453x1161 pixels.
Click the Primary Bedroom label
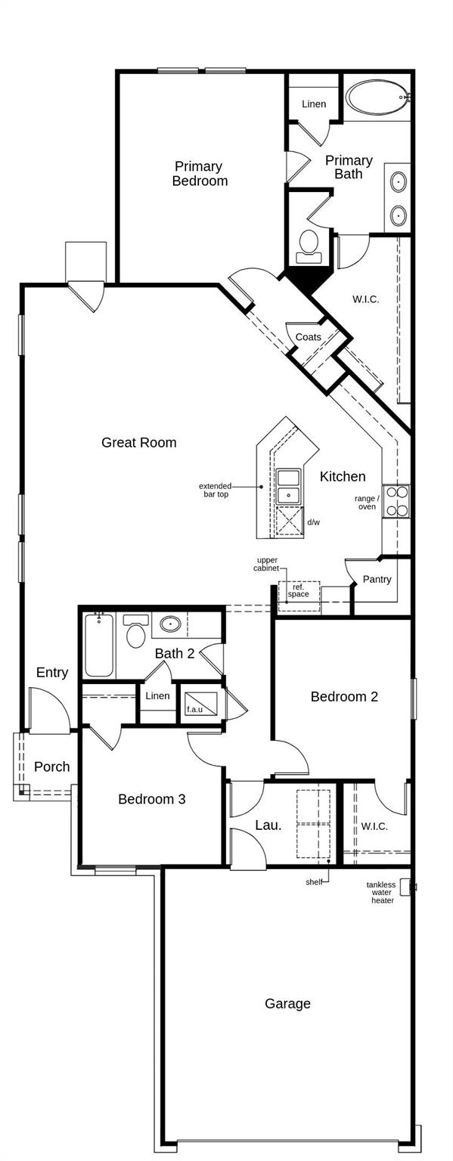(x=199, y=173)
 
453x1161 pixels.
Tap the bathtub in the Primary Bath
(x=377, y=98)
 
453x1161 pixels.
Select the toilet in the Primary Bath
(x=309, y=244)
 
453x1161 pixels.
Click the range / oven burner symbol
(x=397, y=500)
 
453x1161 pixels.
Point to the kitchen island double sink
(x=288, y=486)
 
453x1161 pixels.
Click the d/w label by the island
(x=312, y=522)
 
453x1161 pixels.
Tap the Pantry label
(x=377, y=579)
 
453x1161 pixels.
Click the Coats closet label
(x=308, y=337)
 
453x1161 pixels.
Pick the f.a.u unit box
(x=201, y=704)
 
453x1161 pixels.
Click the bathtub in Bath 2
(x=98, y=646)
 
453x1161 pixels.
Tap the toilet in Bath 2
(x=136, y=633)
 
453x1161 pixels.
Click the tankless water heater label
(x=381, y=892)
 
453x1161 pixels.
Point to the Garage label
(x=287, y=1004)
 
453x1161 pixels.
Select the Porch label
(x=51, y=766)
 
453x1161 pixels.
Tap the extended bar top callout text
(x=215, y=490)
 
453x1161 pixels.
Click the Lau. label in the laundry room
(x=268, y=825)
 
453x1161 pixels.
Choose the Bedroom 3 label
(x=151, y=799)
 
